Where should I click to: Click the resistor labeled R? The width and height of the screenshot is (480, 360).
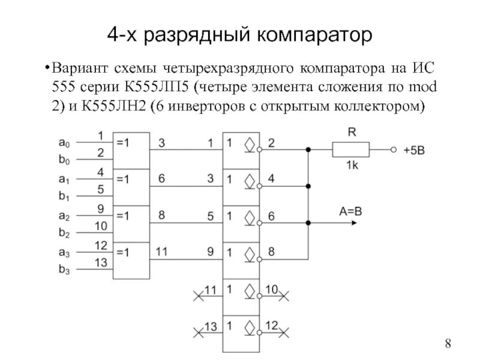pos(351,148)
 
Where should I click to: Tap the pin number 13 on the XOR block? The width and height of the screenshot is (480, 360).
pos(100,263)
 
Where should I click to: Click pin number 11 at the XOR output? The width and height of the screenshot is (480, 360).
pos(163,252)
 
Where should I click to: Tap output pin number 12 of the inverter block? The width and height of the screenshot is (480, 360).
pos(271,325)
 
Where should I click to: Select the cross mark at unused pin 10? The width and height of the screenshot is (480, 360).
pos(286,294)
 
